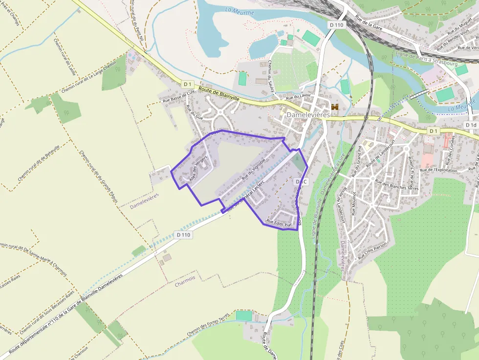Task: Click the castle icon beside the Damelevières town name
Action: tap(335, 106)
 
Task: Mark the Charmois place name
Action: tap(185, 284)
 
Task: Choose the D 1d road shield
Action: tap(470, 125)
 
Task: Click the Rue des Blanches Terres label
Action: tap(396, 185)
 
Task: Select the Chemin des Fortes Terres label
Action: tap(207, 326)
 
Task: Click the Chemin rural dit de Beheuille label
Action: tap(39, 163)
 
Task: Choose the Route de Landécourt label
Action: tap(380, 155)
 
